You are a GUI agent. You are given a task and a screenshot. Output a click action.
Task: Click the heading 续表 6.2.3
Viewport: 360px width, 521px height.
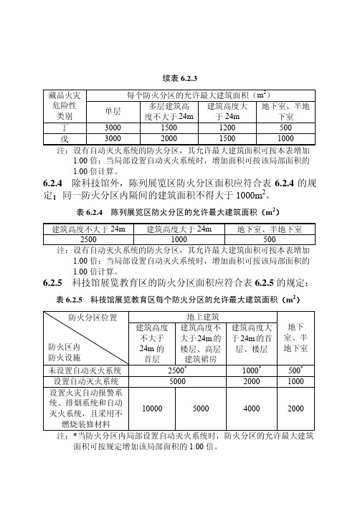[x=180, y=77]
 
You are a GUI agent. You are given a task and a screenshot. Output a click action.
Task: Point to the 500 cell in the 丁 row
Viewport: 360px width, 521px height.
[x=285, y=127]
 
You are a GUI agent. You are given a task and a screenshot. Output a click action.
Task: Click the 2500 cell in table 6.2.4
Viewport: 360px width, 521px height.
[x=89, y=238]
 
